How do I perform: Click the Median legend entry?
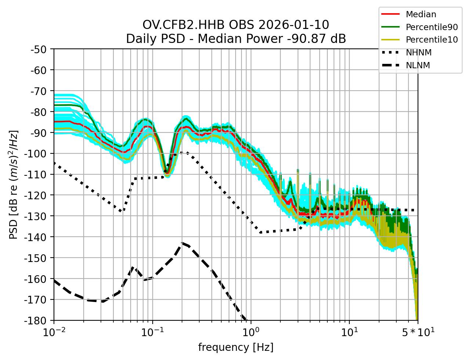click(421, 15)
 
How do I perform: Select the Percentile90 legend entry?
click(432, 27)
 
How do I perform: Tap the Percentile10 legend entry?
click(432, 40)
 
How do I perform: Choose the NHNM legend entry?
click(418, 52)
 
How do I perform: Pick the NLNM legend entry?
click(418, 65)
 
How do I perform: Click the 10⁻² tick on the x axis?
click(54, 332)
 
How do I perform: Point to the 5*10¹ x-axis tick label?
click(418, 332)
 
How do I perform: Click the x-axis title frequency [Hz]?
click(236, 347)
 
